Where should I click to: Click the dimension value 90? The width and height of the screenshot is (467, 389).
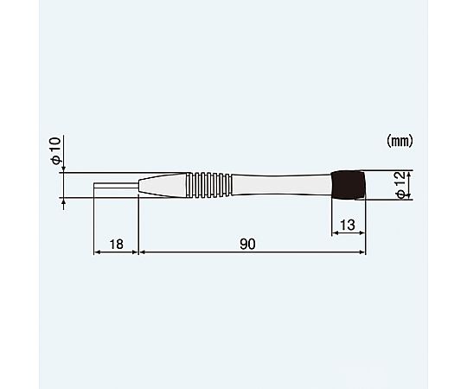click(247, 244)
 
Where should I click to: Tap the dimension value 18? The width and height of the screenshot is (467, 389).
click(116, 245)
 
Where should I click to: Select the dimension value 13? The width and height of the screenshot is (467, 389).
click(348, 225)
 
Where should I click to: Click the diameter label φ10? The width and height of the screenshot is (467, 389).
click(56, 150)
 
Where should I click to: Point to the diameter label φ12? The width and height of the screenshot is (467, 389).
click(401, 186)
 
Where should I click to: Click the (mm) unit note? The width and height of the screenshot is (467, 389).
click(400, 141)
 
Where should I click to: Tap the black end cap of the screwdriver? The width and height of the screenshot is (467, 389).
click(349, 185)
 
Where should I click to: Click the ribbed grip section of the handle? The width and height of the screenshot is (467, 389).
click(209, 185)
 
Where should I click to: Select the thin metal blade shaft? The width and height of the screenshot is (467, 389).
click(116, 185)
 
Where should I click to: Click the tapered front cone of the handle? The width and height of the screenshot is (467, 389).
click(163, 185)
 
